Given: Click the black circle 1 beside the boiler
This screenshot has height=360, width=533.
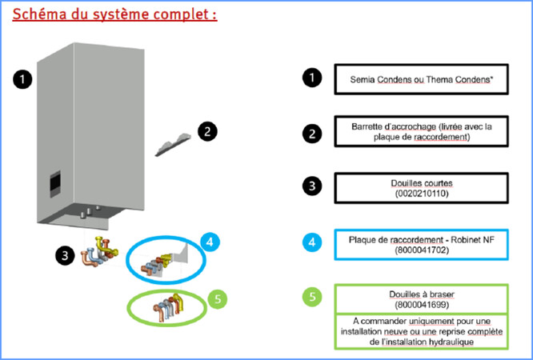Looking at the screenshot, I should (x=22, y=79).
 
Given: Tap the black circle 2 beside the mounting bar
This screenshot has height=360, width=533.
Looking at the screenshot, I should (x=206, y=130).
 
